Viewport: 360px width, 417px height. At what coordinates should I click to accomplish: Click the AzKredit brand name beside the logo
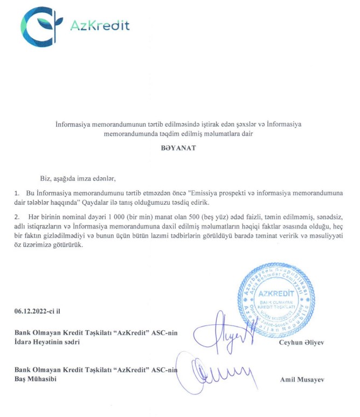pyautogui.click(x=100, y=25)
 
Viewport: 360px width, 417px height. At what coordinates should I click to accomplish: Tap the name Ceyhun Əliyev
pyautogui.click(x=302, y=343)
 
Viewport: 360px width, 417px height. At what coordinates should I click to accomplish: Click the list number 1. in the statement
pyautogui.click(x=17, y=193)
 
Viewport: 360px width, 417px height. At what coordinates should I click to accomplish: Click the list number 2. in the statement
pyautogui.click(x=17, y=216)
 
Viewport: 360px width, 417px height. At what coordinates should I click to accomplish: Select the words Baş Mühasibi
pyautogui.click(x=36, y=379)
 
